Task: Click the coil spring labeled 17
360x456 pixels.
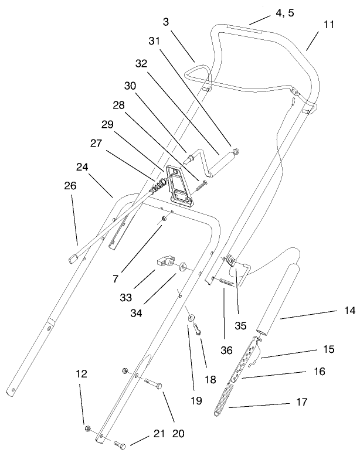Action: click(x=226, y=398)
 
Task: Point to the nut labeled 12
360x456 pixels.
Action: click(x=87, y=429)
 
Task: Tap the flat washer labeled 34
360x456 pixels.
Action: click(x=184, y=267)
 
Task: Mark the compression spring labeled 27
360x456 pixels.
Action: click(x=158, y=188)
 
